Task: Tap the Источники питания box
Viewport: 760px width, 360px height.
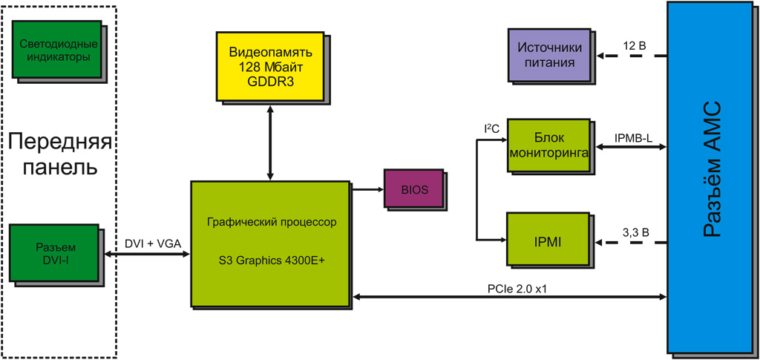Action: pos(550,56)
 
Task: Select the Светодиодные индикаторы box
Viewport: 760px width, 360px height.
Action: pos(56,50)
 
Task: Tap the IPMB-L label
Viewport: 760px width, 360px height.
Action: pos(634,139)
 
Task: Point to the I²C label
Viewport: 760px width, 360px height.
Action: pos(491,129)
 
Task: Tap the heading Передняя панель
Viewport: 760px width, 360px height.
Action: pos(59,154)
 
